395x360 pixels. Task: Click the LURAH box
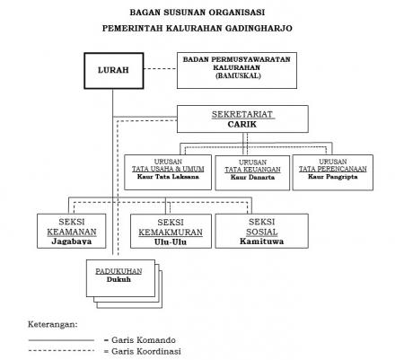114,71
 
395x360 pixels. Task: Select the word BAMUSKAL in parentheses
238,75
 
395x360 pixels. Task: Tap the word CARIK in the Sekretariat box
242,124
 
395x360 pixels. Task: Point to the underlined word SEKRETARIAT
242,114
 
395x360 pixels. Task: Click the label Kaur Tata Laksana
168,177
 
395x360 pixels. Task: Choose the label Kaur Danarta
252,177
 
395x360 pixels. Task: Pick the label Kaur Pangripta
333,177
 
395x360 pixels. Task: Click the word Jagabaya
72,241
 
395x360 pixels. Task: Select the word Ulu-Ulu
171,241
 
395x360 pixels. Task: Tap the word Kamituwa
261,241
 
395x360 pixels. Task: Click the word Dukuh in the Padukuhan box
118,279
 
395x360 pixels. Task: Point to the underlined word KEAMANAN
72,232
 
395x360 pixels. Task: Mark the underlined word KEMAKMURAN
171,233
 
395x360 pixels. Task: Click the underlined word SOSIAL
262,232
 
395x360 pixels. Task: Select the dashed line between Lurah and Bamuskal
161,69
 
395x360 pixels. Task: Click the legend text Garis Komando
144,340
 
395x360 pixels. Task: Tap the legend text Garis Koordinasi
146,351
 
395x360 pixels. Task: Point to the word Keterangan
53,324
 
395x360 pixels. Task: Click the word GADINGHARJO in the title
259,28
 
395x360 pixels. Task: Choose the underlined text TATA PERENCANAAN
333,169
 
